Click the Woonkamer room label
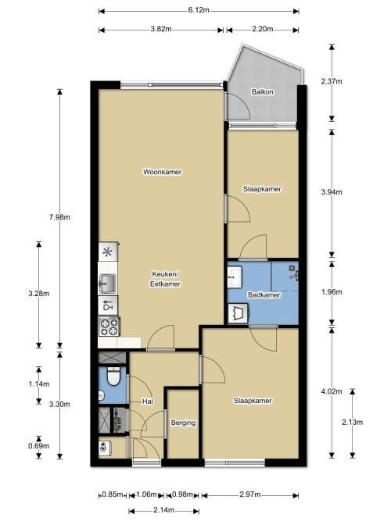pyautogui.click(x=163, y=172)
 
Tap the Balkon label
pyautogui.click(x=263, y=91)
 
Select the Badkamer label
pyautogui.click(x=264, y=295)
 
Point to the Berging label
pyautogui.click(x=183, y=423)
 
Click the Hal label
pyautogui.click(x=148, y=401)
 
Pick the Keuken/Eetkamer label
pyautogui.click(x=165, y=279)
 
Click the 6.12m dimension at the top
pyautogui.click(x=199, y=10)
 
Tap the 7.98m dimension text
pyautogui.click(x=59, y=218)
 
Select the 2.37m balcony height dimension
pyautogui.click(x=332, y=81)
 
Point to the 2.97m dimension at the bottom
pyautogui.click(x=250, y=494)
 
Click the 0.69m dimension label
pyautogui.click(x=39, y=446)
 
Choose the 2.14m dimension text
pyautogui.click(x=163, y=510)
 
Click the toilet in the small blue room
pyautogui.click(x=113, y=376)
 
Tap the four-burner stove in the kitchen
pyautogui.click(x=109, y=327)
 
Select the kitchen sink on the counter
pyautogui.click(x=107, y=284)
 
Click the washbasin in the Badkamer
pyautogui.click(x=235, y=277)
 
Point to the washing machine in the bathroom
pyautogui.click(x=238, y=313)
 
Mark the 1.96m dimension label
pyautogui.click(x=332, y=292)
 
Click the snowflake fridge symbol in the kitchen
pyautogui.click(x=107, y=252)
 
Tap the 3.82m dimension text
pyautogui.click(x=161, y=29)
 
